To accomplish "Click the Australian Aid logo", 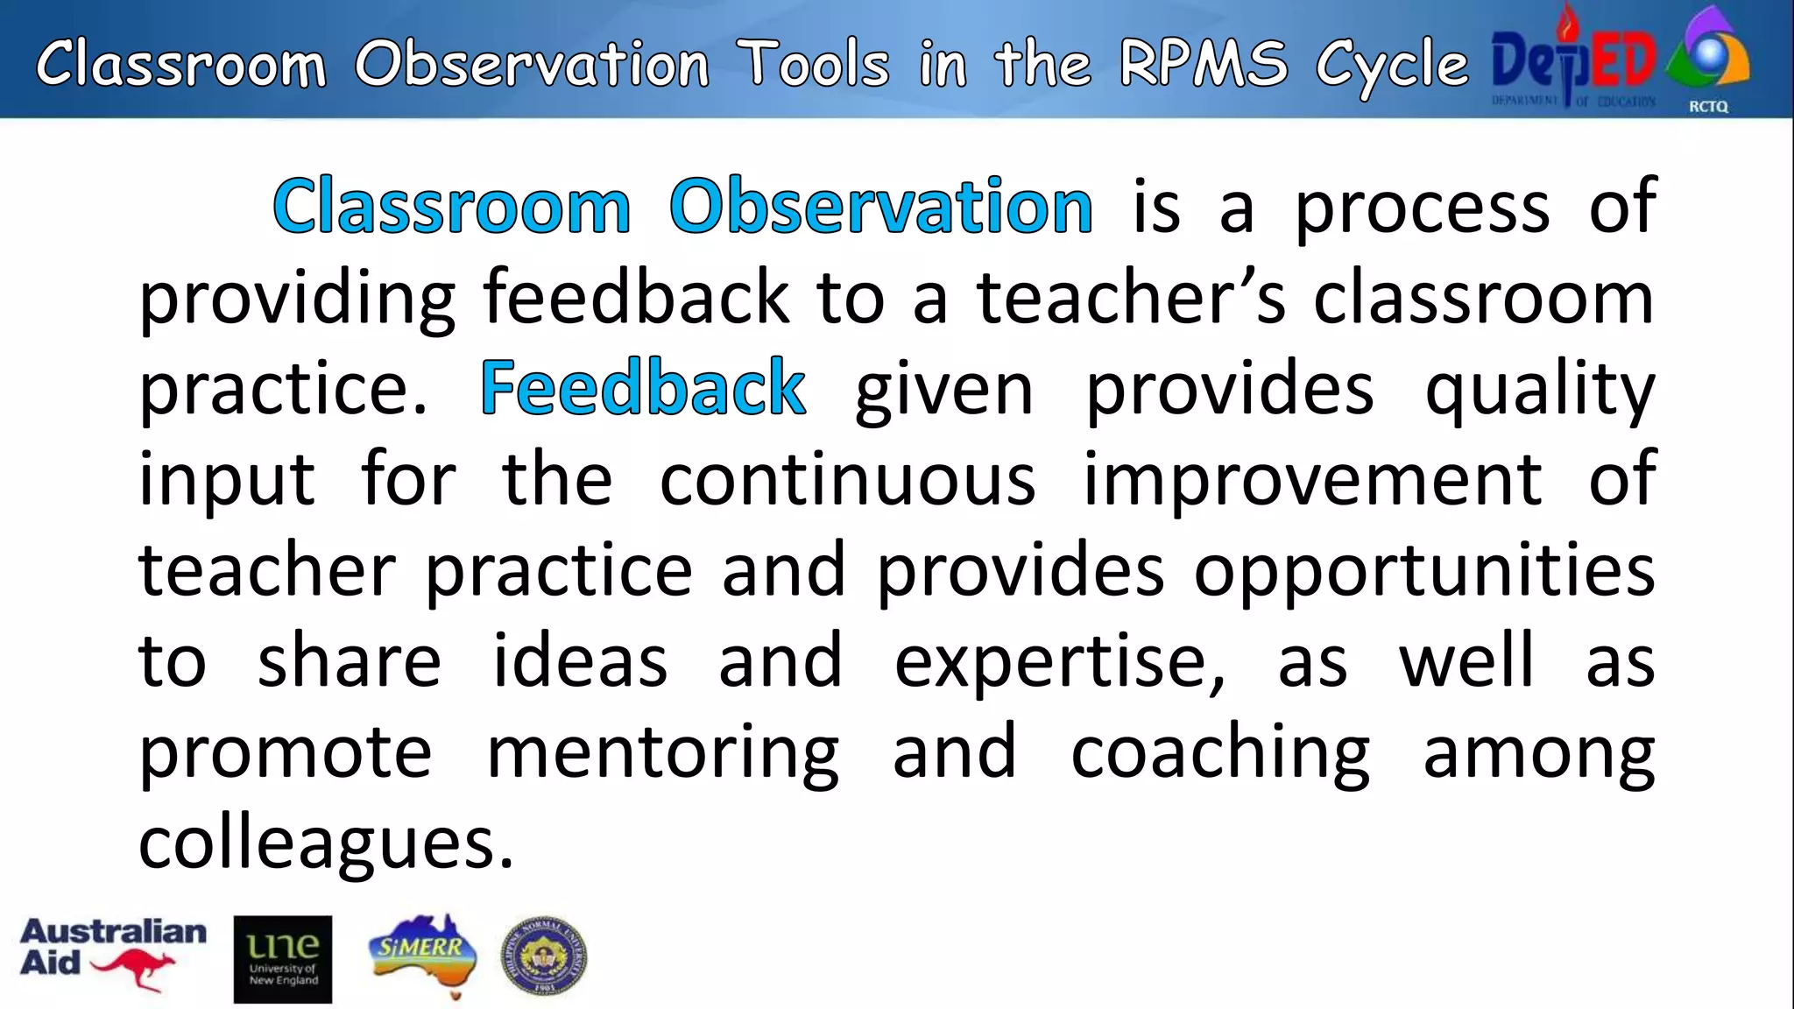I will tap(113, 955).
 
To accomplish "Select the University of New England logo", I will tap(283, 959).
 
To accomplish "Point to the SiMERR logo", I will tap(423, 955).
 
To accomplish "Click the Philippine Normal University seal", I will tap(543, 957).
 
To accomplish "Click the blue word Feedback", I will tap(643, 388).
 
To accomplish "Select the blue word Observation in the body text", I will tap(880, 207).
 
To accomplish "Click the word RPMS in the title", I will tap(1204, 64).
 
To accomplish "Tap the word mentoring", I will tap(662, 753).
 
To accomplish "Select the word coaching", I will tap(1220, 753).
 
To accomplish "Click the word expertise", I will tap(1059, 662).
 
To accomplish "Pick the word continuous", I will tap(847, 479).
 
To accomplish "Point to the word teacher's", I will tap(1131, 298).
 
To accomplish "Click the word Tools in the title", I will tap(814, 64).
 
